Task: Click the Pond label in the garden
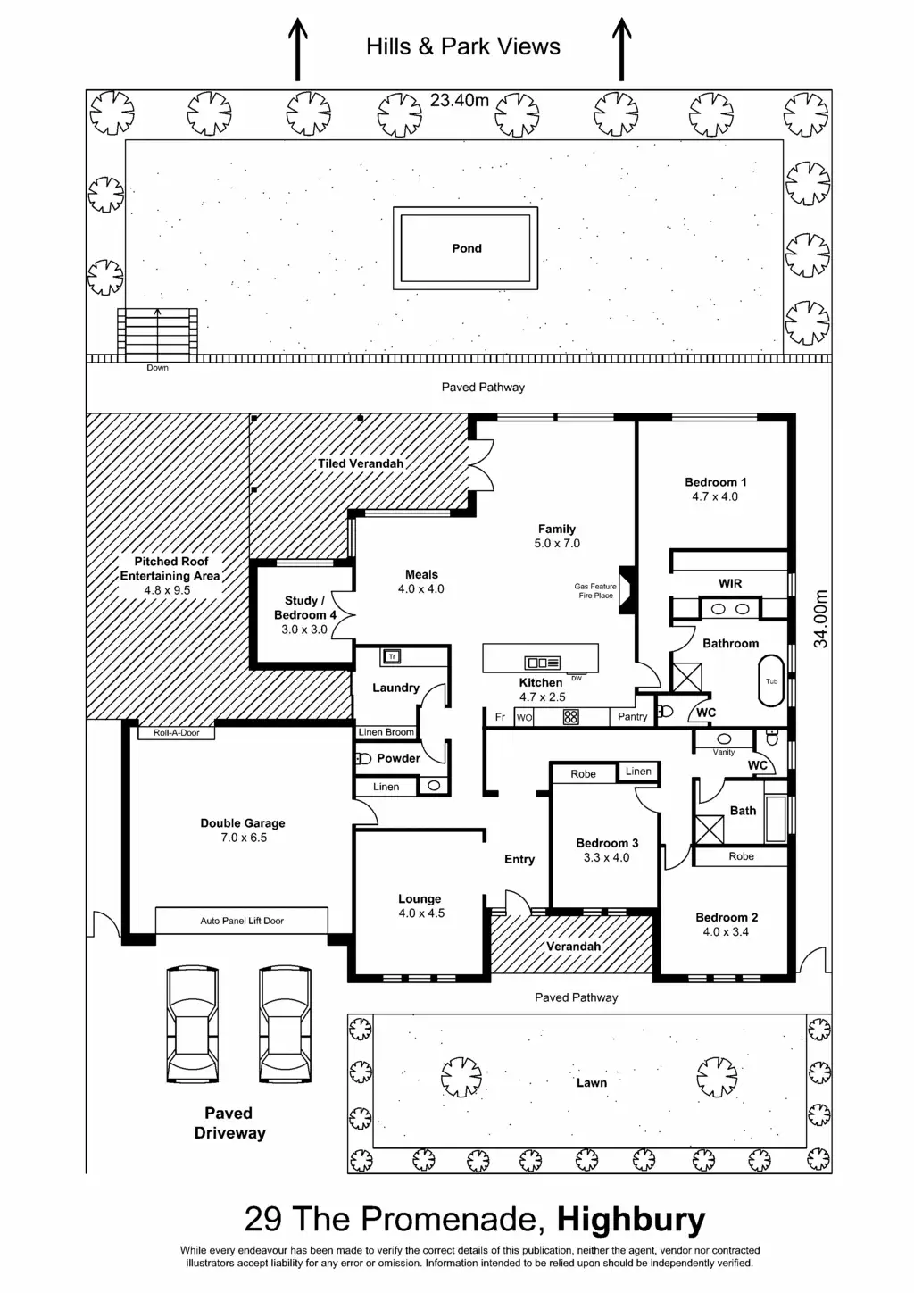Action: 466,248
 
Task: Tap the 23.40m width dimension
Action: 459,100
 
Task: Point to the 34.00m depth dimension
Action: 821,618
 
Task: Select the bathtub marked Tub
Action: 771,681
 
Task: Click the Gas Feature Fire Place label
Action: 596,591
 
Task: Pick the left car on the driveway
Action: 192,1023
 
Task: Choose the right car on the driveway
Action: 285,1023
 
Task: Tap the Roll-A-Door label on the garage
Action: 177,732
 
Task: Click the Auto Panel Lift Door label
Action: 242,921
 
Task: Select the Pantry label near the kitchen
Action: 632,716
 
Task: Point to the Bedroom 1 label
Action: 715,482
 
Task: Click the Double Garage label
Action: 243,823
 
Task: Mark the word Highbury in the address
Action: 631,1220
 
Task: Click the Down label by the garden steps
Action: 157,368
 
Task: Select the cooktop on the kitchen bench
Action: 571,716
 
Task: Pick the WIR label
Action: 730,583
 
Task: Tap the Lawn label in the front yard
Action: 591,1083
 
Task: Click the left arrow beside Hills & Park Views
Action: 297,49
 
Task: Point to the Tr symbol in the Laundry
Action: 391,657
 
